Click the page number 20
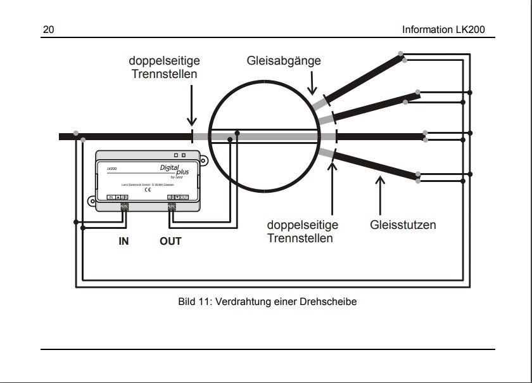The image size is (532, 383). [49, 30]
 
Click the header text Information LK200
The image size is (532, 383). [447, 30]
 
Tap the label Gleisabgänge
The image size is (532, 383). [284, 62]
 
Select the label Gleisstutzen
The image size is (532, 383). [403, 224]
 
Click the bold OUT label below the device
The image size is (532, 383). [170, 241]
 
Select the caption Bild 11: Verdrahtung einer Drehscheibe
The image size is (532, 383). [268, 302]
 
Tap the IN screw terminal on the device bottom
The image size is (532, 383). [125, 207]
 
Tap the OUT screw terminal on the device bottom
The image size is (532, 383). [172, 207]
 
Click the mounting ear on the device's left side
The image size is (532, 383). [92, 203]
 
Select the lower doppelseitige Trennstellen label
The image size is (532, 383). [302, 231]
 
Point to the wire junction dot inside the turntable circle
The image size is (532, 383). [237, 133]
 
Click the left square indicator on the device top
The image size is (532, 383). [175, 154]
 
